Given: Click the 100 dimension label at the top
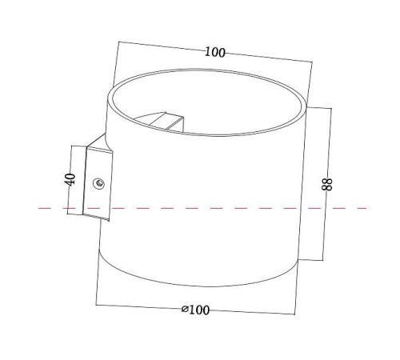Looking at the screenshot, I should [214, 53].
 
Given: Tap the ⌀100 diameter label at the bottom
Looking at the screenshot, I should [195, 310].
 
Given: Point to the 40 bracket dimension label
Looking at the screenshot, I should [70, 178].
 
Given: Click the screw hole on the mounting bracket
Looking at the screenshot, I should [99, 183].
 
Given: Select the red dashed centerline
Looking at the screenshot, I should [240, 208].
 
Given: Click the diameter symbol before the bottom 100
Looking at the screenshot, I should [185, 310].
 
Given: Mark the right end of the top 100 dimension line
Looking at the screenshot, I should [311, 64].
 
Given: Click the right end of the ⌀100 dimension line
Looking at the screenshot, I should [295, 314].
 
